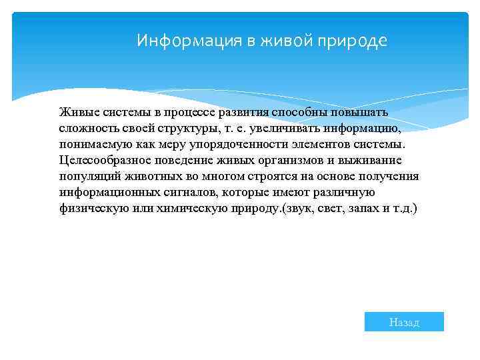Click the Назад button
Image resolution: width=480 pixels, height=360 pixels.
click(x=404, y=322)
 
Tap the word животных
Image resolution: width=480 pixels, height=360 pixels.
click(x=155, y=176)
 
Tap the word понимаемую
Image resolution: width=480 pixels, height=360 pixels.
click(x=95, y=144)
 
